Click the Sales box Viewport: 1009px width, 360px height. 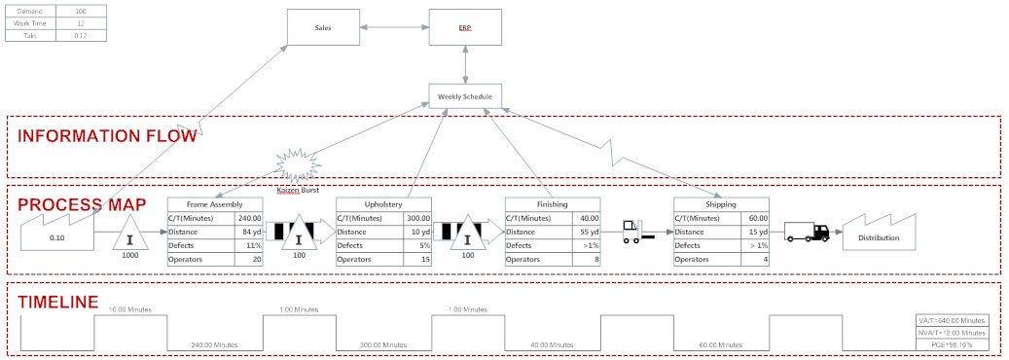[323, 27]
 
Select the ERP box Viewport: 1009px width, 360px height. [466, 27]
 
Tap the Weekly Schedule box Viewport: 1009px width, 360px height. [465, 96]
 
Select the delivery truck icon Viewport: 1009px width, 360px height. [807, 232]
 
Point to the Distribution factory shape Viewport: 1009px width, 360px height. [878, 235]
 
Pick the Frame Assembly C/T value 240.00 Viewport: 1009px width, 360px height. [249, 219]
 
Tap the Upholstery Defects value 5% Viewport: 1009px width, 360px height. [418, 246]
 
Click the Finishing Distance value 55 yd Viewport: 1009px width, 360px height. [587, 233]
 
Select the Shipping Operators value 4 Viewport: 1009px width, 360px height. [756, 260]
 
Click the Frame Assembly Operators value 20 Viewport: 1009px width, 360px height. [249, 260]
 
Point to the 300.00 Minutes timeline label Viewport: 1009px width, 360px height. [382, 344]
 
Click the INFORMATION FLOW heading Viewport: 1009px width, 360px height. [107, 136]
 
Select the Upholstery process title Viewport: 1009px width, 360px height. [382, 205]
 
